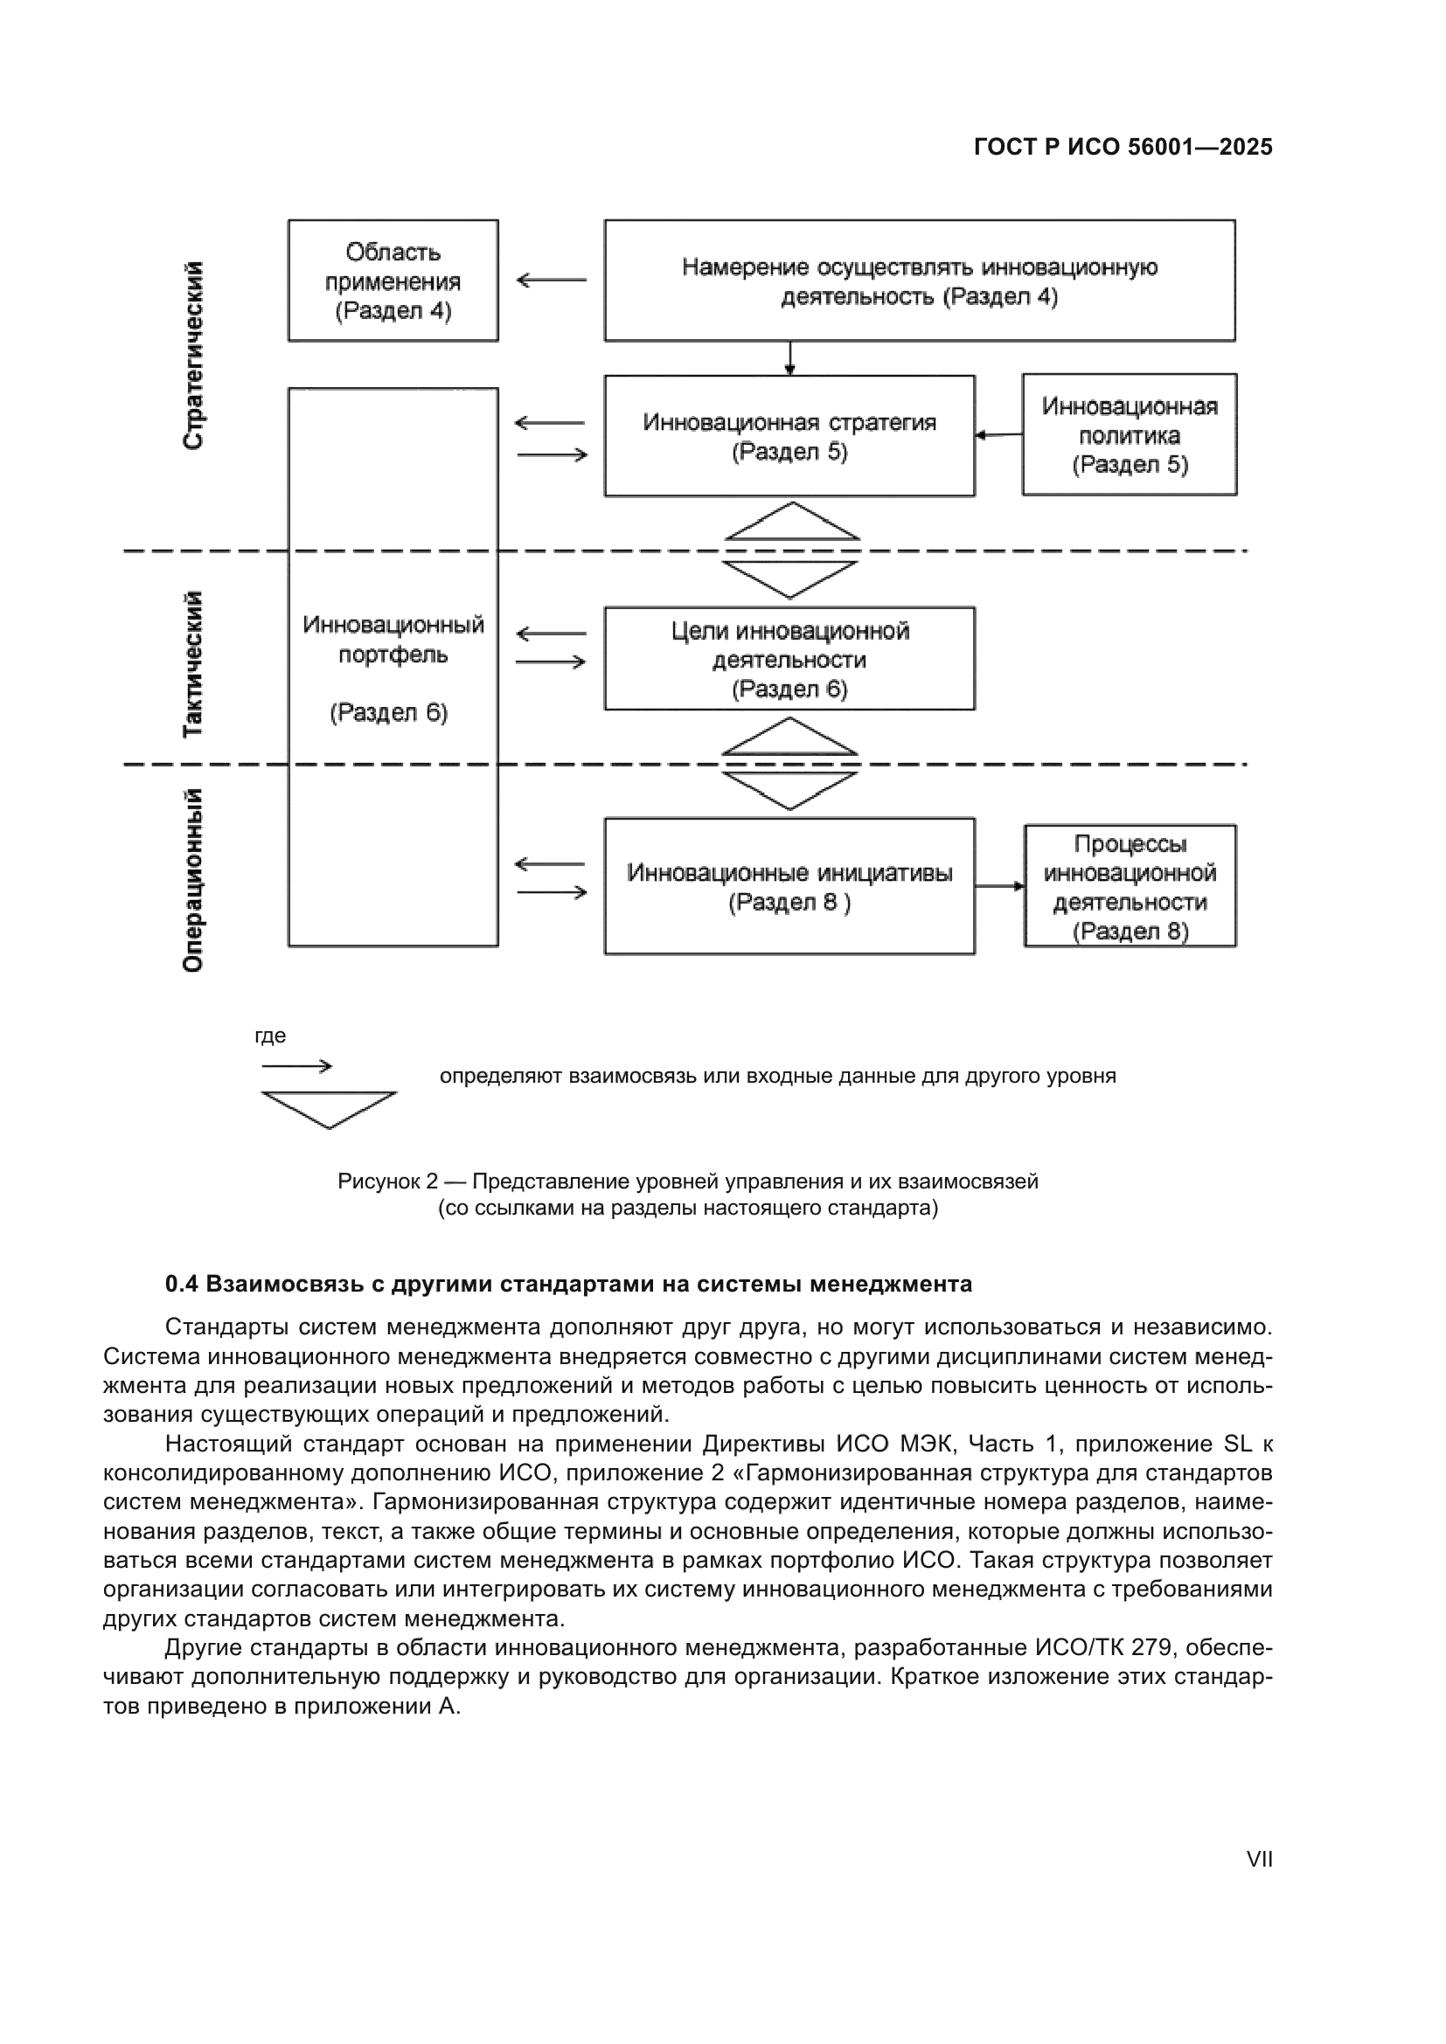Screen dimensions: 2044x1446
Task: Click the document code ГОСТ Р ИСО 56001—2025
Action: tap(1123, 147)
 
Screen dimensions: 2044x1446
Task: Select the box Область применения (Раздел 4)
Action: tap(393, 281)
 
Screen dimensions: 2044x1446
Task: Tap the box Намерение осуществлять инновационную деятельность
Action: tap(919, 281)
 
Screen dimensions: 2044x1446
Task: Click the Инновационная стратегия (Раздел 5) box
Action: tap(789, 435)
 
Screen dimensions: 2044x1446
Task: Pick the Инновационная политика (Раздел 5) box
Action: tap(1129, 434)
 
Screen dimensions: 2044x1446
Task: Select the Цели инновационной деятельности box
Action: tap(789, 659)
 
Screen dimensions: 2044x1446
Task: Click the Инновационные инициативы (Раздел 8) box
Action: tap(789, 886)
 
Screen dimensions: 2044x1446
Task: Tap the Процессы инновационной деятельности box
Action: tap(1129, 886)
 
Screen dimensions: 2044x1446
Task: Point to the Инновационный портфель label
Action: tap(393, 639)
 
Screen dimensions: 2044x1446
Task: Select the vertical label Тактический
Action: tap(193, 663)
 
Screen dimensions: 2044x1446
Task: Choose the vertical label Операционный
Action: tap(193, 880)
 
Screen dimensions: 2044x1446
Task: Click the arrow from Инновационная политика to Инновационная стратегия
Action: tap(998, 435)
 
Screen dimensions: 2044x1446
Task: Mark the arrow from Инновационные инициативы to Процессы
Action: tap(999, 886)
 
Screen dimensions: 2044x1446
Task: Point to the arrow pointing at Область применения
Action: tap(551, 281)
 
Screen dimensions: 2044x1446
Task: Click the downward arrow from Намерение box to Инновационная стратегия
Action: tap(789, 358)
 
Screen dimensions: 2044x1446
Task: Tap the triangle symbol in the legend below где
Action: tap(329, 1108)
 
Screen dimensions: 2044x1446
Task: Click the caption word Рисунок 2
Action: tap(387, 1181)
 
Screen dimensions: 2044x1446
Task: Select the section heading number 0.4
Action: tap(181, 1285)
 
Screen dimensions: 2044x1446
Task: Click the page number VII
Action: tap(1259, 1859)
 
